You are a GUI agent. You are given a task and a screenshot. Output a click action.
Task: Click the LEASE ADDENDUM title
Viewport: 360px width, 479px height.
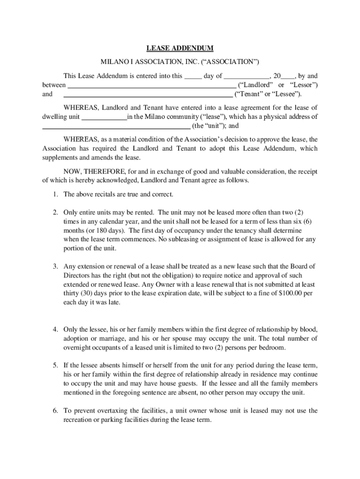[x=180, y=48]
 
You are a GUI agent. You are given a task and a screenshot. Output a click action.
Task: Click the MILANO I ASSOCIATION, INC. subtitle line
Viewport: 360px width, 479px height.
[x=180, y=62]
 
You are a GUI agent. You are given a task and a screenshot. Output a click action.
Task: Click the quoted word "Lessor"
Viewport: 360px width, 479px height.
[x=305, y=85]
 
